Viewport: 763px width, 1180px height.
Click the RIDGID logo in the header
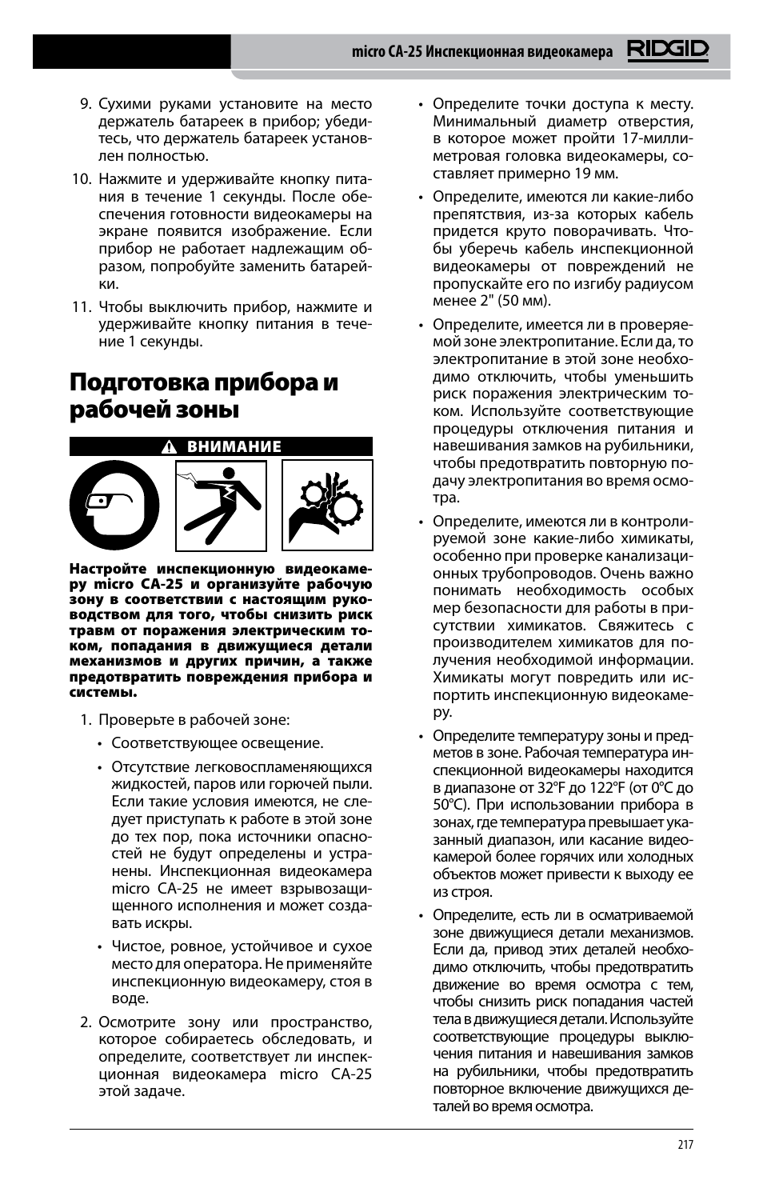pyautogui.click(x=667, y=51)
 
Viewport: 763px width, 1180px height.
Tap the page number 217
pyautogui.click(x=685, y=1145)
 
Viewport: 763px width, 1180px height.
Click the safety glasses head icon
pyautogui.click(x=114, y=506)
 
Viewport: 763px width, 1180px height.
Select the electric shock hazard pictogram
pyautogui.click(x=221, y=506)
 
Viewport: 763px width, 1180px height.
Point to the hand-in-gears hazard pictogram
pyautogui.click(x=327, y=506)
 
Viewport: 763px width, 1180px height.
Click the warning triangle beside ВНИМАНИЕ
pyautogui.click(x=169, y=447)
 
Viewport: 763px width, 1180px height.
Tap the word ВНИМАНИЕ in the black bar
pyautogui.click(x=234, y=447)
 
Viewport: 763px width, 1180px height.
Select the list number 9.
pyautogui.click(x=85, y=104)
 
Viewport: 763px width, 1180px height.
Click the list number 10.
pyautogui.click(x=82, y=179)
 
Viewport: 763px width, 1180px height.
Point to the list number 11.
pyautogui.click(x=82, y=307)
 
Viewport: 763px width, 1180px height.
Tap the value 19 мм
pyautogui.click(x=596, y=174)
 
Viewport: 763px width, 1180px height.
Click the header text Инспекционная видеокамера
pyautogui.click(x=519, y=52)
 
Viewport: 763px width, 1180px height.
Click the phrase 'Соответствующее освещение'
pyautogui.click(x=218, y=743)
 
